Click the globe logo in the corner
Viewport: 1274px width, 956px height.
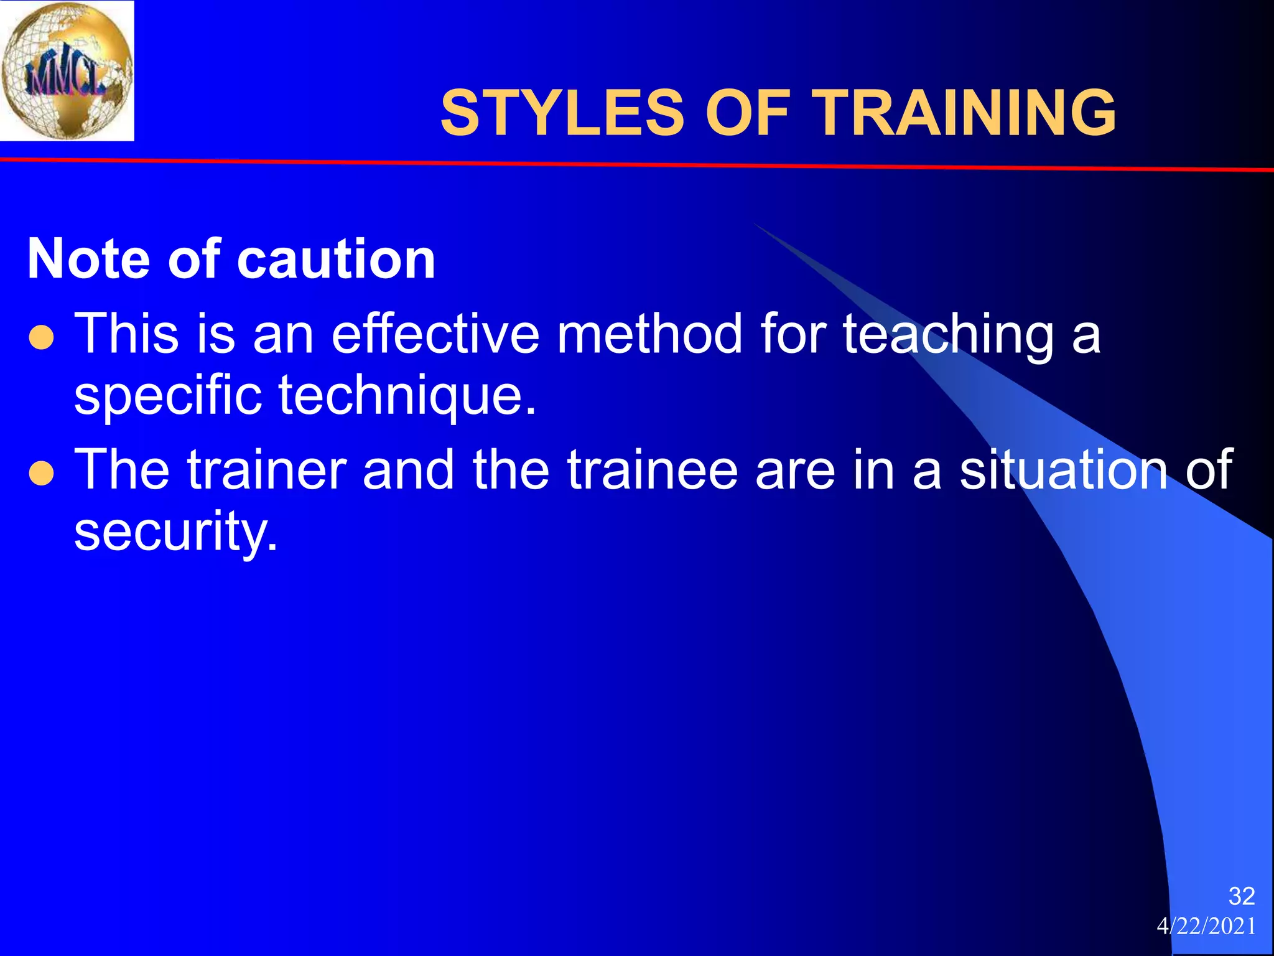click(x=67, y=70)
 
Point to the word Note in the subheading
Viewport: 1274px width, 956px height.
click(x=89, y=259)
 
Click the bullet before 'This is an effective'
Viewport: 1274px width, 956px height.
click(x=42, y=339)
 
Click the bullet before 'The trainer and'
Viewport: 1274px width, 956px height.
click(x=42, y=474)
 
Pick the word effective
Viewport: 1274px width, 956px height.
click(x=435, y=334)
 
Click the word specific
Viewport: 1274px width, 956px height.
click(x=168, y=396)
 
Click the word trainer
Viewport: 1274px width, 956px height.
click(x=267, y=470)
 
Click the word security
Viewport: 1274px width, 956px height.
click(x=176, y=533)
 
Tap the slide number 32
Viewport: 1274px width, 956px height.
click(x=1242, y=896)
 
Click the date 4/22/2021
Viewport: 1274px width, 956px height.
click(x=1206, y=927)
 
